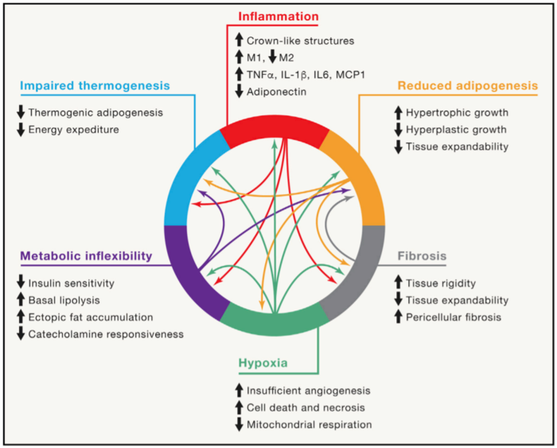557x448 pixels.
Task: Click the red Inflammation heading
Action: click(x=278, y=16)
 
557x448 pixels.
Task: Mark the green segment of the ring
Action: click(x=275, y=317)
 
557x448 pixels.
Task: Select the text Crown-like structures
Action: click(x=298, y=40)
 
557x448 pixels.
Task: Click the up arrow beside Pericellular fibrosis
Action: click(x=399, y=317)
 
